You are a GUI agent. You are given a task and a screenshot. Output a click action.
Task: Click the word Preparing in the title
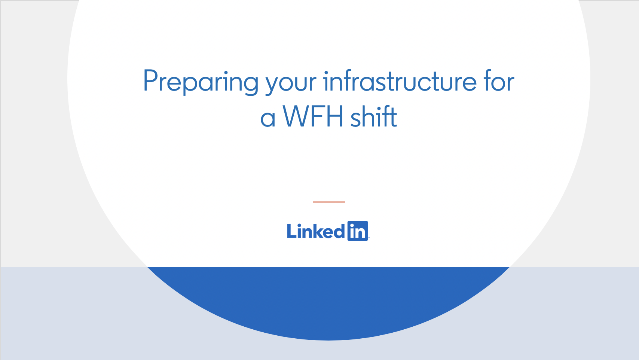(x=201, y=81)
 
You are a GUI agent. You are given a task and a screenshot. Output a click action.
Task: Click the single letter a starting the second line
(x=268, y=119)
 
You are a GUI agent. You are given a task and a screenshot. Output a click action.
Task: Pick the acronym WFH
(x=313, y=116)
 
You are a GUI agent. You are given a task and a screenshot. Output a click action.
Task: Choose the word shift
(x=373, y=116)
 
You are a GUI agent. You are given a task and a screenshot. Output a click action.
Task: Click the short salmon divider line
(x=328, y=202)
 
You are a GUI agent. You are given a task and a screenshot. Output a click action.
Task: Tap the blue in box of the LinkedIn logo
(x=358, y=231)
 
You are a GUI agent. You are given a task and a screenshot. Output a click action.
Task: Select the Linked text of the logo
(x=315, y=231)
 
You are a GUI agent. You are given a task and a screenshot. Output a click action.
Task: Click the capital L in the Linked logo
(x=291, y=231)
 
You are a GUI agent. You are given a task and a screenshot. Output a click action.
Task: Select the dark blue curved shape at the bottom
(x=328, y=303)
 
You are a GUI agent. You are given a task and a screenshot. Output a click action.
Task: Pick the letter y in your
(x=273, y=84)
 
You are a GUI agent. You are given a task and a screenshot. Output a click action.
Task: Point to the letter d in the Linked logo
(x=339, y=231)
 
